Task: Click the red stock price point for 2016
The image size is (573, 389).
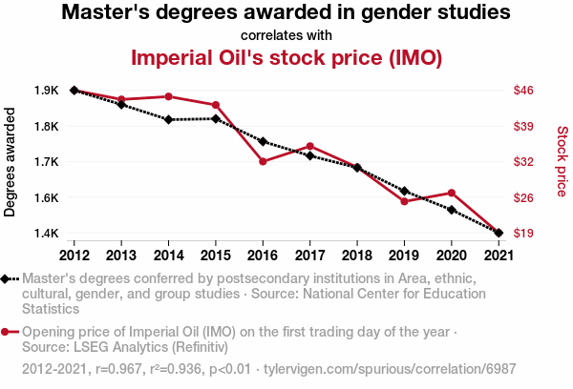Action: pos(263,161)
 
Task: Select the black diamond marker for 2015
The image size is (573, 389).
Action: pos(216,118)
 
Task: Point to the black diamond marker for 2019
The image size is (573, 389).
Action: pos(404,192)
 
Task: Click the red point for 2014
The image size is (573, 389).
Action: pos(168,96)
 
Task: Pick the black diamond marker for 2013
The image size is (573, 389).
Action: pos(121,104)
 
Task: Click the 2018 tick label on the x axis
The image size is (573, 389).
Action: pos(356,255)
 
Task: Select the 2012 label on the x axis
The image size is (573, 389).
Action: pos(74,255)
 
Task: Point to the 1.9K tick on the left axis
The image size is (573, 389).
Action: pos(46,91)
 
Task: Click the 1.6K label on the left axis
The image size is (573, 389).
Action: pos(46,197)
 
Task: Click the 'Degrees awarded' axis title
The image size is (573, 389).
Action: pos(11,162)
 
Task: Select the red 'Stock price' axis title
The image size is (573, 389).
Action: pos(562,162)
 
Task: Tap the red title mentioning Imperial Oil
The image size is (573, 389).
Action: pos(286,57)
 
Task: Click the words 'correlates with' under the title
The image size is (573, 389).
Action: pos(286,35)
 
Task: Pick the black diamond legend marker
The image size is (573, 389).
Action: pos(7,278)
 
